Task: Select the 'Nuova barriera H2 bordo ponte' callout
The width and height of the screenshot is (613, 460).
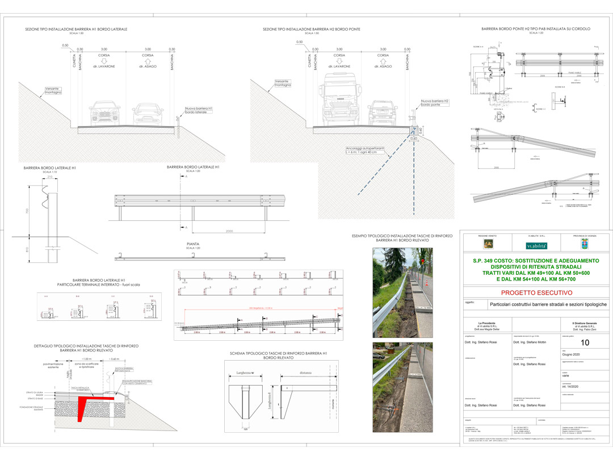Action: pos(434,103)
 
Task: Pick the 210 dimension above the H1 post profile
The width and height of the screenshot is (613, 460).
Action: pos(50,177)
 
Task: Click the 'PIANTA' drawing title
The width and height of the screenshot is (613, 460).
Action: pos(193,244)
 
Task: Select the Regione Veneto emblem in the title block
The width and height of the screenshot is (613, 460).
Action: pos(488,244)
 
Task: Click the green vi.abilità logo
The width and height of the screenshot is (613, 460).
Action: pos(536,245)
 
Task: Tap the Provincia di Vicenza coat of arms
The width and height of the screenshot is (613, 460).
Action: pos(584,244)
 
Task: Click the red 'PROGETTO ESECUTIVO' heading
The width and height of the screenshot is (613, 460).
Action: pos(536,293)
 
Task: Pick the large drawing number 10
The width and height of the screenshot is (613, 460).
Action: pos(585,342)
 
